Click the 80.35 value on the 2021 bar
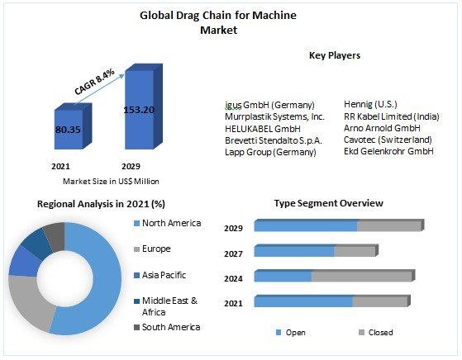coord(68,130)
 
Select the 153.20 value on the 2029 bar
coord(139,110)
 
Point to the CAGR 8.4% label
coord(94,82)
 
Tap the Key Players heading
coord(335,55)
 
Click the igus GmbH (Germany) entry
coord(269,105)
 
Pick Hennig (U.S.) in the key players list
coord(370,104)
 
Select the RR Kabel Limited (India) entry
coord(391,116)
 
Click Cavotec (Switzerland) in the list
coord(388,140)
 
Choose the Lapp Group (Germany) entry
coord(270,152)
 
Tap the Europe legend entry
coord(152,249)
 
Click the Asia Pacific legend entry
coord(160,275)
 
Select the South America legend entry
coord(167,327)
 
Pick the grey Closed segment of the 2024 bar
coord(362,276)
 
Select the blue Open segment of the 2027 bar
coord(294,251)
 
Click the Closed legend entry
coord(376,333)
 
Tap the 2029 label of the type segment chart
coord(233,229)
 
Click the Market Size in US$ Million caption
coord(111,182)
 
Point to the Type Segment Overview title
coord(329,203)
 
